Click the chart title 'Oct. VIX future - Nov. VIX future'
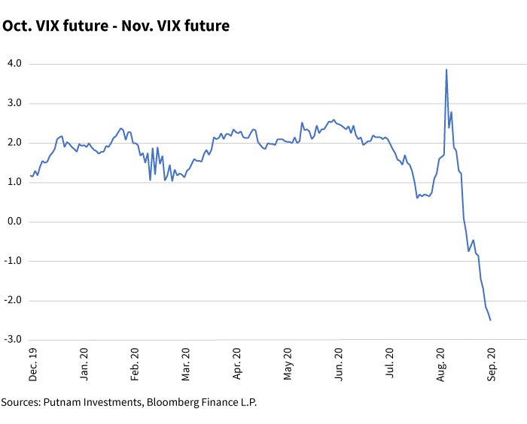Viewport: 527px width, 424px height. [116, 26]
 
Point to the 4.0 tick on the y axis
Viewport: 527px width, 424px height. [14, 64]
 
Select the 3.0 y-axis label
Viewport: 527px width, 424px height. [14, 103]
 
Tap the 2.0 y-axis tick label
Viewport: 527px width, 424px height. [14, 143]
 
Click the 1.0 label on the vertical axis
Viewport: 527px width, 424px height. [14, 182]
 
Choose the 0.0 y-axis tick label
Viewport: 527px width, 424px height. [14, 222]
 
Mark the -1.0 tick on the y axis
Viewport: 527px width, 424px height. [12, 261]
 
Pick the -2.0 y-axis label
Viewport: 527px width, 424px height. [12, 301]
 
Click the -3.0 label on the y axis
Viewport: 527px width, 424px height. [12, 340]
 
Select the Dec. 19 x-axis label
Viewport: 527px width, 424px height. [32, 362]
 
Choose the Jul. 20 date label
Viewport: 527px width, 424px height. [389, 362]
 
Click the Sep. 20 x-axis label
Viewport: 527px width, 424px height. [491, 362]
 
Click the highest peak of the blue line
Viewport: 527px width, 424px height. [446, 70]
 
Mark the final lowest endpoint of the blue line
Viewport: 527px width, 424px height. [490, 320]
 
